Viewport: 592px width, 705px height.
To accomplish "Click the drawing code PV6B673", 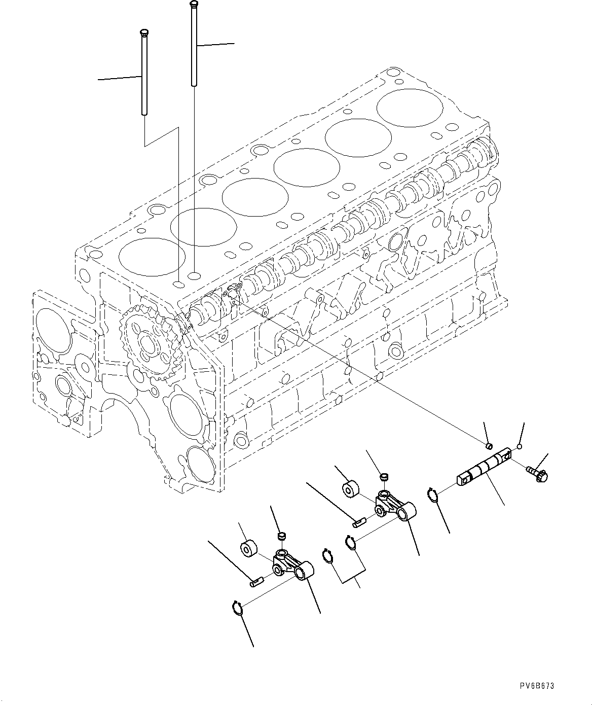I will (x=537, y=686).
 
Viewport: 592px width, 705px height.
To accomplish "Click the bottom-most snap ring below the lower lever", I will (x=238, y=607).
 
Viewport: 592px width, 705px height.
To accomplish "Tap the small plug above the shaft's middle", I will (x=489, y=445).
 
